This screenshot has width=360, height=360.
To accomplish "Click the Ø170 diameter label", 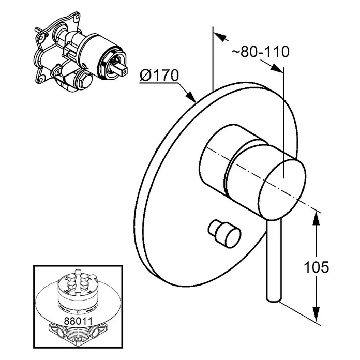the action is tap(159, 75).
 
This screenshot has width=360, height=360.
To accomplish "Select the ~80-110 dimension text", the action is tap(260, 52).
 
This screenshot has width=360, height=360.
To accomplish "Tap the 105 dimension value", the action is tap(316, 267).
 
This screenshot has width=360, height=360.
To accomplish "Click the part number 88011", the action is tap(78, 321).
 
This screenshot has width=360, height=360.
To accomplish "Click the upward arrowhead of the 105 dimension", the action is tap(317, 218).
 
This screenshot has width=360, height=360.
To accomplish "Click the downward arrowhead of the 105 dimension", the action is tap(317, 313).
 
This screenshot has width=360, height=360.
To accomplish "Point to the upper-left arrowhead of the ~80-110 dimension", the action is tap(220, 36).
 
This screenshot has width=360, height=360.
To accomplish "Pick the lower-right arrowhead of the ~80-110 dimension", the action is tap(276, 68).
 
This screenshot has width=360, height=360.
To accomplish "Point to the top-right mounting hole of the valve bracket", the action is tap(75, 21).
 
